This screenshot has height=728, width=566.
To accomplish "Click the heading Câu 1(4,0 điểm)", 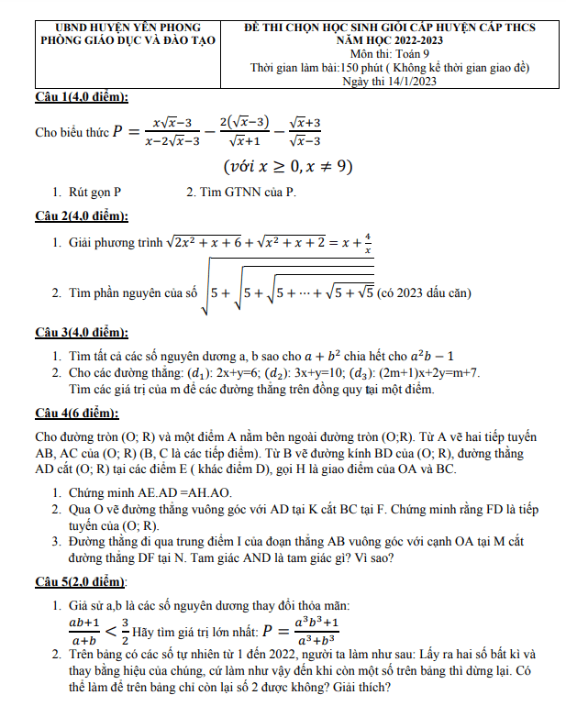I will tap(82, 97).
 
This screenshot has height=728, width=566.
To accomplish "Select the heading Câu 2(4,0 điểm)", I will tap(82, 216).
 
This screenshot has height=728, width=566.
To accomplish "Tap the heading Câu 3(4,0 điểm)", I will tap(82, 332).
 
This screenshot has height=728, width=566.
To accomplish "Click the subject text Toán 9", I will tap(414, 54).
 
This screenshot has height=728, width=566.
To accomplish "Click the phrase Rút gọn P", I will tap(94, 193).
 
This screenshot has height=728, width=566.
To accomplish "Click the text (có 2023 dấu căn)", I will tap(425, 292).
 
